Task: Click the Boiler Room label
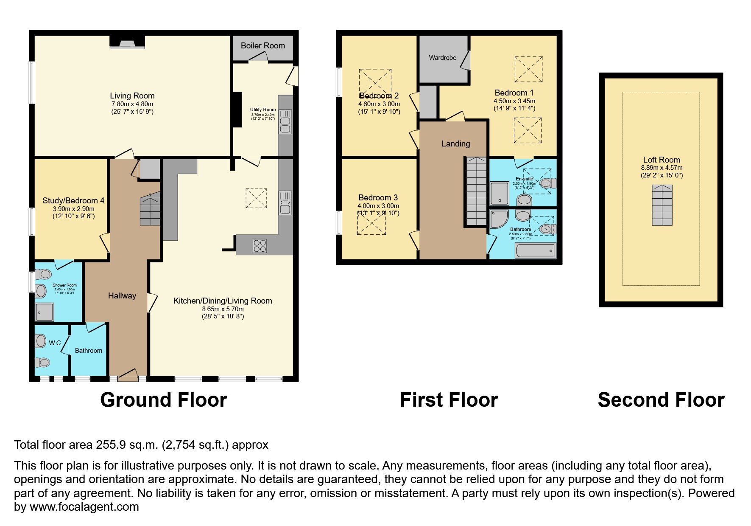(x=262, y=45)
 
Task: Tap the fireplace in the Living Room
(x=127, y=42)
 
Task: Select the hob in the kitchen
(x=260, y=246)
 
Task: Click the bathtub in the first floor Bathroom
(x=535, y=250)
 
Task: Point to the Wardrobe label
(x=442, y=58)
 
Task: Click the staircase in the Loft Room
(x=662, y=205)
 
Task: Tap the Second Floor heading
(x=661, y=400)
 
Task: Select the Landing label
(x=455, y=143)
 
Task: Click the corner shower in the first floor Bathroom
(x=499, y=219)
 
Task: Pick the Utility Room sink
(x=285, y=121)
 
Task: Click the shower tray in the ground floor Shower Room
(x=44, y=312)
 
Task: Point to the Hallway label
(x=122, y=296)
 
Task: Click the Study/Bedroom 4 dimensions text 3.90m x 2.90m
(x=73, y=209)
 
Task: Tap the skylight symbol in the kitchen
(x=256, y=198)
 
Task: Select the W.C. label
(x=55, y=343)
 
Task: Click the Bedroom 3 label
(x=378, y=197)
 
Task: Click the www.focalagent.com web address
(x=84, y=507)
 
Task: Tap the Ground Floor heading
(x=163, y=400)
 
